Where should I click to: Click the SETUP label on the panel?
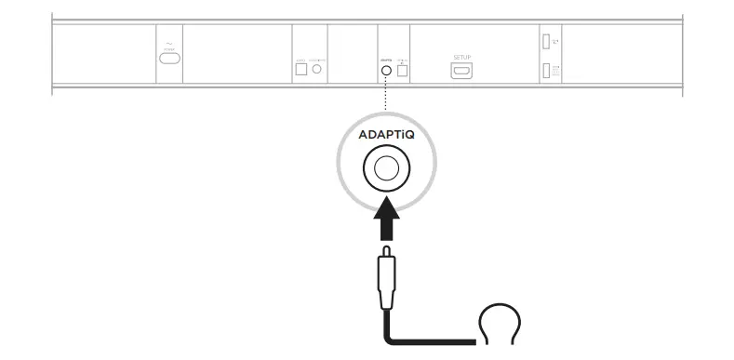tap(462, 57)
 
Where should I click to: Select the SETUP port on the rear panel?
tap(462, 71)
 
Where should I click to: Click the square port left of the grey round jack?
tap(300, 69)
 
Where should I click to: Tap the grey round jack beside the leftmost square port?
tap(318, 69)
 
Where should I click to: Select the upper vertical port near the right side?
tap(546, 41)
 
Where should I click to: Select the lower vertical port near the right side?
tap(546, 70)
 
